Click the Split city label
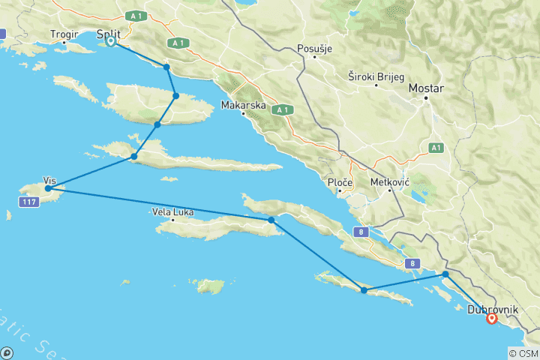click(x=109, y=34)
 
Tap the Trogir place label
click(x=64, y=34)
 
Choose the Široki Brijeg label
click(x=375, y=76)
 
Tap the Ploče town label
click(x=340, y=182)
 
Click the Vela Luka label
click(x=173, y=212)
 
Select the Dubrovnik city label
click(x=492, y=309)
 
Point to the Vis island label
click(x=50, y=181)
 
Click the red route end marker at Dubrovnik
click(x=491, y=318)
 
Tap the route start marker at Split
click(x=110, y=41)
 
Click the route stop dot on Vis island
click(x=48, y=189)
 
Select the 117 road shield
click(x=29, y=203)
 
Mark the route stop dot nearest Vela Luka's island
click(x=271, y=220)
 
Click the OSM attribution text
click(x=522, y=353)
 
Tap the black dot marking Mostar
click(x=424, y=97)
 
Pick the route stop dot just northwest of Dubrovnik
click(x=446, y=274)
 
